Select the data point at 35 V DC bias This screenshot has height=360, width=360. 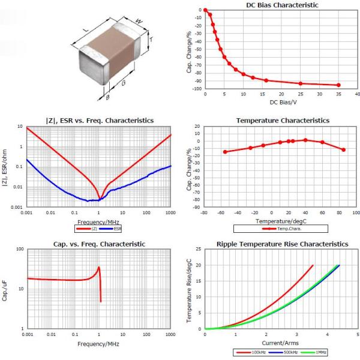pyautogui.click(x=338, y=85)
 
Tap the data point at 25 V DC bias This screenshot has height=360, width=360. pyautogui.click(x=301, y=83)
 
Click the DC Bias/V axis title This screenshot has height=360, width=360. pyautogui.click(x=280, y=103)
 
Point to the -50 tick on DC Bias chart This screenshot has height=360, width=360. pyautogui.click(x=196, y=49)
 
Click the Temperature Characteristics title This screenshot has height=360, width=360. pyautogui.click(x=282, y=121)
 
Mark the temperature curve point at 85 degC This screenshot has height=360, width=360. pyautogui.click(x=343, y=149)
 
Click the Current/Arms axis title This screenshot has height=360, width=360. pyautogui.click(x=280, y=343)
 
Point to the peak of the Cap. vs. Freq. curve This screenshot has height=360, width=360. pyautogui.click(x=99, y=267)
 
